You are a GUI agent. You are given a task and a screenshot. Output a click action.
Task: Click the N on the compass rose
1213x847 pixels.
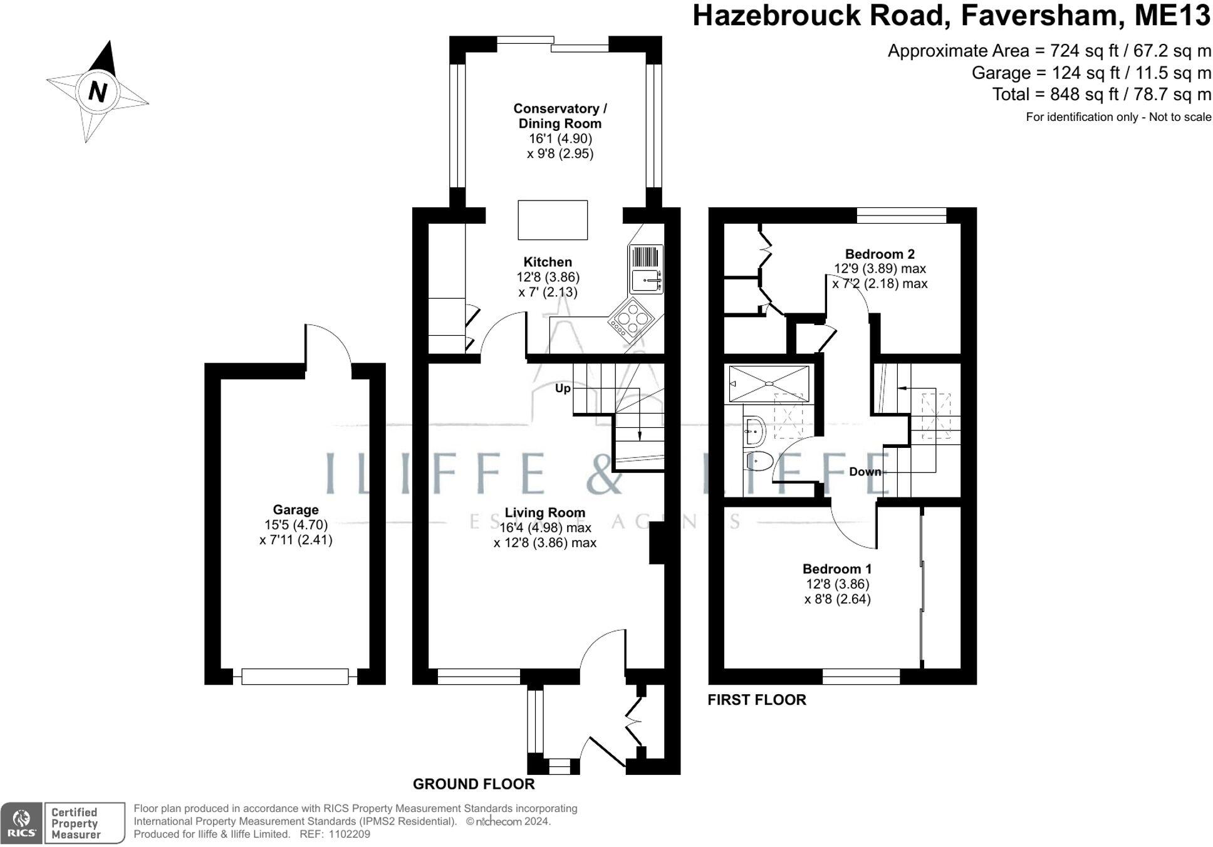pos(98,91)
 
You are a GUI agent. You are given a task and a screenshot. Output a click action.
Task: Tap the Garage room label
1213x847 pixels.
pos(296,510)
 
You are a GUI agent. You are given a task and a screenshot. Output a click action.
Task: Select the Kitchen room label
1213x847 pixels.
pos(548,262)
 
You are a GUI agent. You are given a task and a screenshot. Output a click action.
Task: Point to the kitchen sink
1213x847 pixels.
pos(645,281)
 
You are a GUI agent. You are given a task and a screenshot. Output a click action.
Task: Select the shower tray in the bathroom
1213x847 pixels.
pos(769,383)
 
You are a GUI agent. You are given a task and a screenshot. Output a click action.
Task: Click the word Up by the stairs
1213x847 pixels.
pos(563,388)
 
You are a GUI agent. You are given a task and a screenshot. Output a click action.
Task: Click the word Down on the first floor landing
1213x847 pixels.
pos(865,472)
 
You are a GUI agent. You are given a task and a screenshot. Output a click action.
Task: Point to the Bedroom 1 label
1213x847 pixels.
pos(837,569)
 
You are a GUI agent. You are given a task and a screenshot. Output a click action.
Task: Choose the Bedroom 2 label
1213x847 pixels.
pos(880,254)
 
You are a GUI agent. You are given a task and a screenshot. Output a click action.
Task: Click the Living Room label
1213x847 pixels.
pos(545,512)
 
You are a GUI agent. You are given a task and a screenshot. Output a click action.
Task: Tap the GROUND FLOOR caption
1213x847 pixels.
pos(474,784)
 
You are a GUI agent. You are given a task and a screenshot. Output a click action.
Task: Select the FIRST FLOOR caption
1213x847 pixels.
pos(757,700)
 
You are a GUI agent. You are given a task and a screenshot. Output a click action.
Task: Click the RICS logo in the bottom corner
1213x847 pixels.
pos(22,823)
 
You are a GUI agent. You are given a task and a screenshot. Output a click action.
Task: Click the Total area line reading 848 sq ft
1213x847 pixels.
pos(1101,94)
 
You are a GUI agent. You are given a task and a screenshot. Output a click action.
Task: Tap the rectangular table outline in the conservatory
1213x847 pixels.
pos(553,220)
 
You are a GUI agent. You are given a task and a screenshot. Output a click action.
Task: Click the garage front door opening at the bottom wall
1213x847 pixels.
pos(295,677)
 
